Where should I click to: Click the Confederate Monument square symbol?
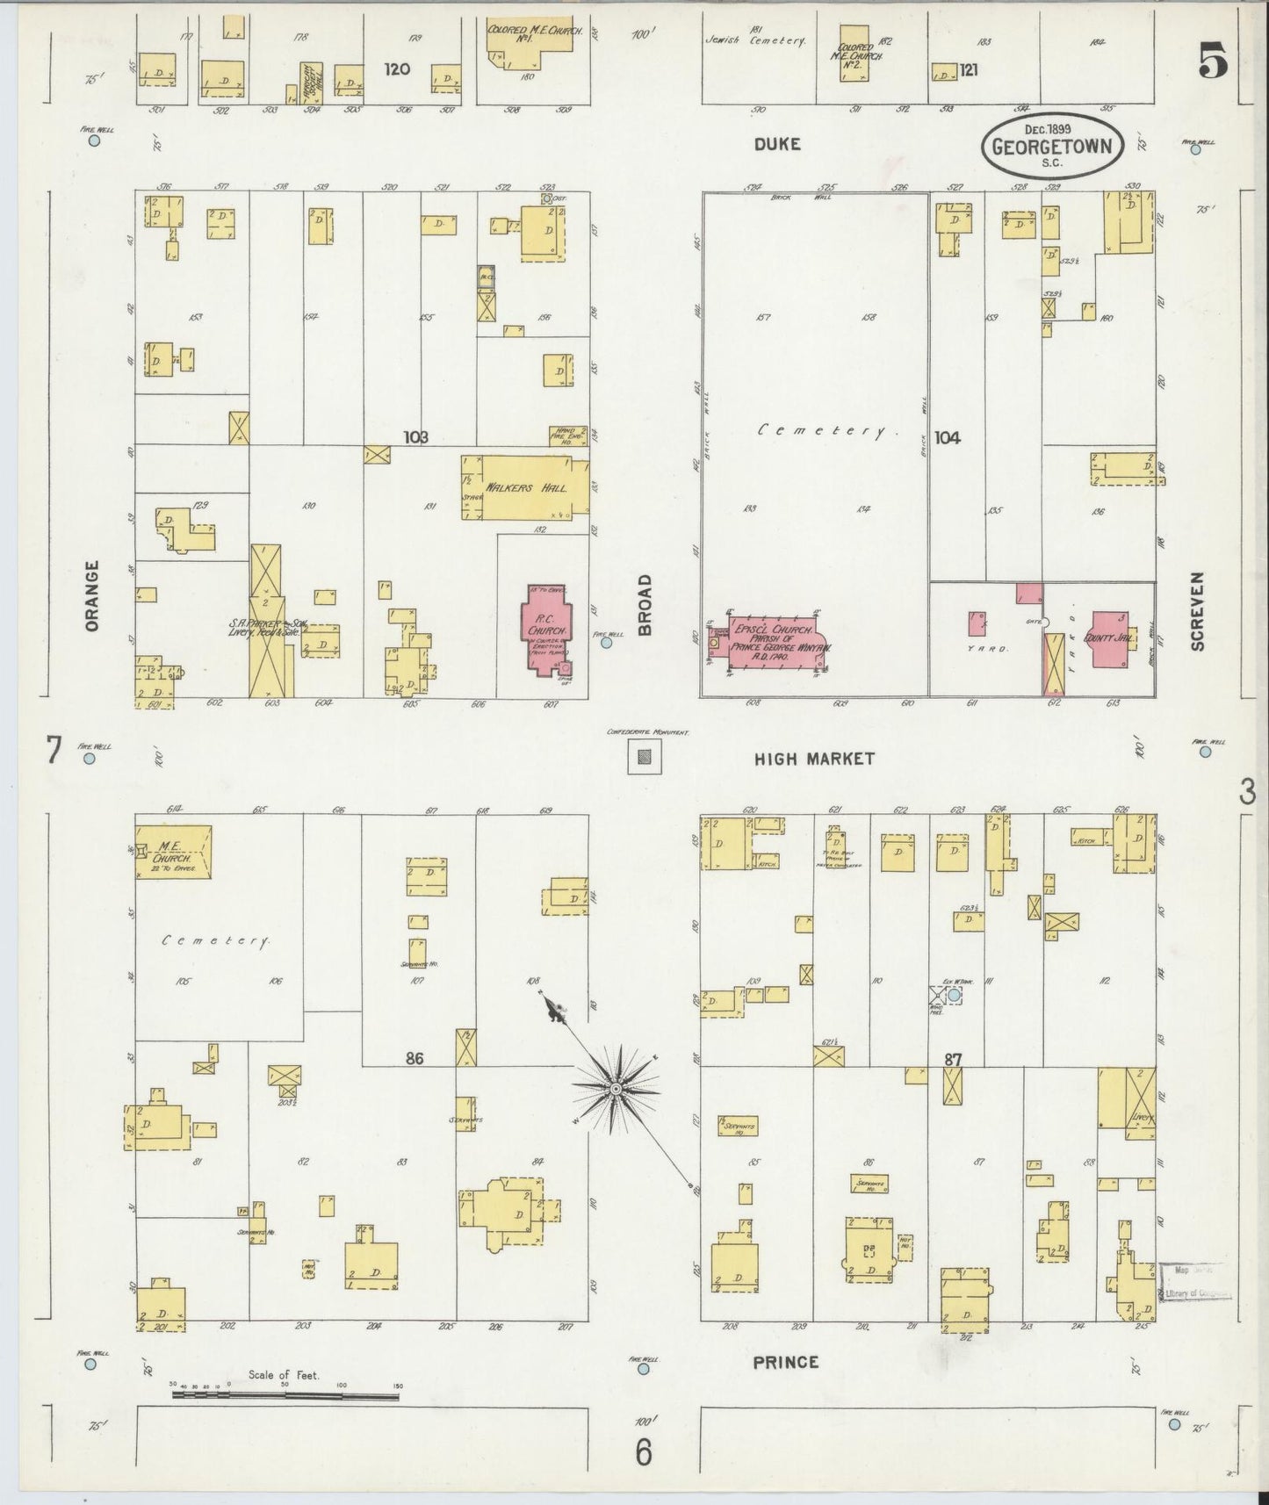click(x=645, y=756)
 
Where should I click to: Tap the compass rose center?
click(x=616, y=1090)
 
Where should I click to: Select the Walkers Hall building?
click(x=525, y=487)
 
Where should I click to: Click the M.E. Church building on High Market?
click(x=174, y=851)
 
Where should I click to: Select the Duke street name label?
click(x=777, y=144)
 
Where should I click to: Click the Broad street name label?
click(x=645, y=605)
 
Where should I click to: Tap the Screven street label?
click(x=1197, y=611)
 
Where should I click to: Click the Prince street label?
click(x=786, y=1362)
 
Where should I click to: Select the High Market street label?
click(x=814, y=759)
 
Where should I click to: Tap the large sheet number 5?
click(x=1213, y=63)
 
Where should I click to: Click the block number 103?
click(x=415, y=436)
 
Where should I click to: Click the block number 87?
click(x=953, y=1060)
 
